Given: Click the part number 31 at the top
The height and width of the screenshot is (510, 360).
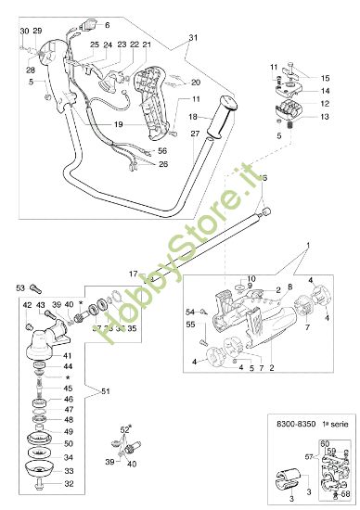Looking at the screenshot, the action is (193, 38).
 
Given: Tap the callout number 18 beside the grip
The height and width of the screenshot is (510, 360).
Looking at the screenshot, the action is (192, 117).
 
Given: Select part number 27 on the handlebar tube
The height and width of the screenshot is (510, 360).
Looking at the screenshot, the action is (195, 134).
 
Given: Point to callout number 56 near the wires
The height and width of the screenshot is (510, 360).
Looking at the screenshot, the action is (161, 150).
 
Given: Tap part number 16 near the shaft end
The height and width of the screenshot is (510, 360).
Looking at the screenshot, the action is (264, 177).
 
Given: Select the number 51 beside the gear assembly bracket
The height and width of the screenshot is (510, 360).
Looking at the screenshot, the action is (105, 391).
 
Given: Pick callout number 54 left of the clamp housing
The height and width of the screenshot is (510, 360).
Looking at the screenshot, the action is (190, 312).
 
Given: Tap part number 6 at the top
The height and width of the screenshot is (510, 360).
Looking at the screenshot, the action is (106, 24).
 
